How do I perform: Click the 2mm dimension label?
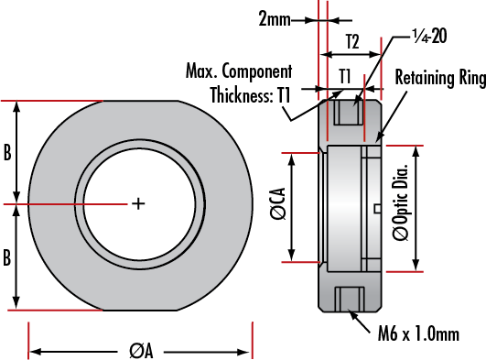pos(275,19)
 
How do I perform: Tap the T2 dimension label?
pos(352,41)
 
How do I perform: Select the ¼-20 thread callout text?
pos(429,36)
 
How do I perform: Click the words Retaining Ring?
pos(440,77)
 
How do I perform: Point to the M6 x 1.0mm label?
pos(418,334)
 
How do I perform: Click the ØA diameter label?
pos(141,351)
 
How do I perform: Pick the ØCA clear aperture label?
pos(277,203)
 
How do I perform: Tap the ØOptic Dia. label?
pos(400,202)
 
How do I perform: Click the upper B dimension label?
pos(7,152)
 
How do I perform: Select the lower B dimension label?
pos(7,257)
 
